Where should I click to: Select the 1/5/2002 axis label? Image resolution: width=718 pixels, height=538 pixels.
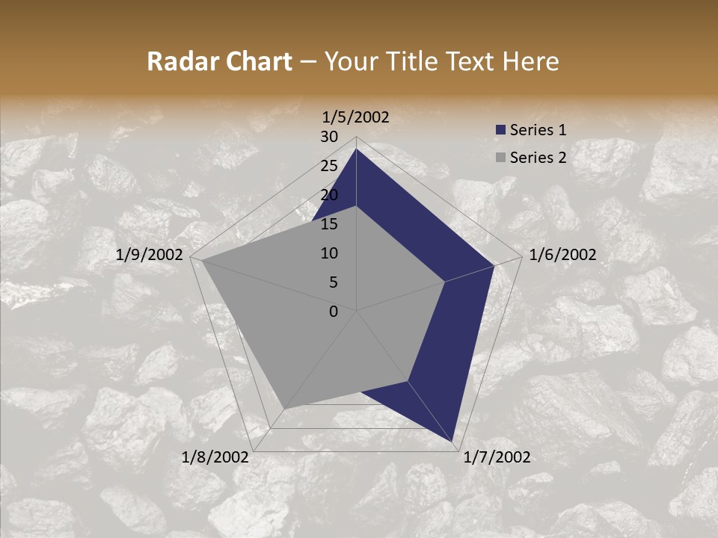tap(356, 117)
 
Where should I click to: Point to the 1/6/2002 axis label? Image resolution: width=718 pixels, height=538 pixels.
tap(562, 255)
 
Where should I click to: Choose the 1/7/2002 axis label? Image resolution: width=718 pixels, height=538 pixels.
tap(497, 457)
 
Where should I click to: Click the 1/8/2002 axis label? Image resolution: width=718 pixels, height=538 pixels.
tap(215, 457)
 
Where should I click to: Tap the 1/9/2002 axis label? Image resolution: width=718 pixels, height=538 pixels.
tap(150, 255)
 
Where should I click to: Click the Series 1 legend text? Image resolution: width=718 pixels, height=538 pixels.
tap(538, 130)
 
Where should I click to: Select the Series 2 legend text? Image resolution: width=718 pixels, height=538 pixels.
tap(538, 158)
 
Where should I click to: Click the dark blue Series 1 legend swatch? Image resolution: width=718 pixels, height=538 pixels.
tap(500, 130)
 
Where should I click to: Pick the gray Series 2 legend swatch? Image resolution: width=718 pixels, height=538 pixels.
tap(500, 158)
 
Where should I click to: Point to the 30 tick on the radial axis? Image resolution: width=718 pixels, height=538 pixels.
tap(329, 137)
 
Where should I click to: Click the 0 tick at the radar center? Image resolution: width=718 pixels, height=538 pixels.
tap(334, 312)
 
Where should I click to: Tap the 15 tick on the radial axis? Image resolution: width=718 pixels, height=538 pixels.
tap(329, 224)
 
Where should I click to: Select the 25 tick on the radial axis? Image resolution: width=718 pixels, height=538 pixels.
tap(329, 166)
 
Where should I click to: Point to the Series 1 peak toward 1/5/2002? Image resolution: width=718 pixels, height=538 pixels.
tap(356, 149)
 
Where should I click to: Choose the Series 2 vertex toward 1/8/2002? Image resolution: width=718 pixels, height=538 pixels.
tap(284, 408)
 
